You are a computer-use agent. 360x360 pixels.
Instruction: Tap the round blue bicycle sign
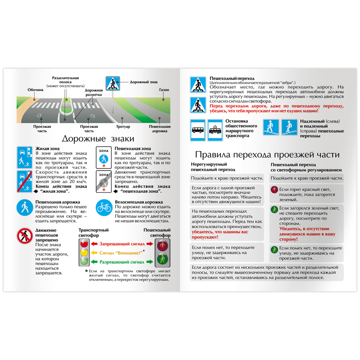[x=104, y=207]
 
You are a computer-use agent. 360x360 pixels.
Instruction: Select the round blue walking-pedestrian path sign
[x=25, y=207]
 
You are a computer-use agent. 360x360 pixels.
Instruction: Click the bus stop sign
[x=198, y=129]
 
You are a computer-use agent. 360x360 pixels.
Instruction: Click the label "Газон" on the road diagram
[x=164, y=90]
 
